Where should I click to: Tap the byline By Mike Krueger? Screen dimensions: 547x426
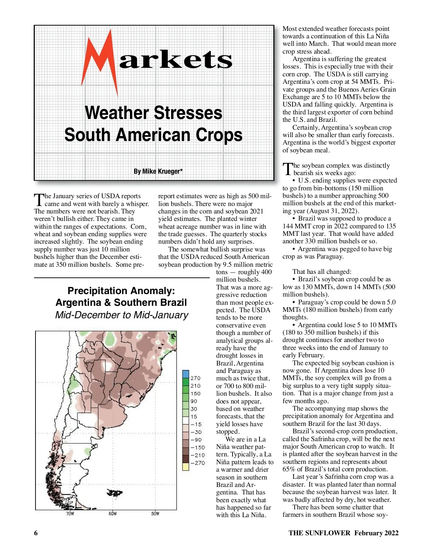(158, 171)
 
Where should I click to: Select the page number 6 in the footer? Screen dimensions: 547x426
(36, 533)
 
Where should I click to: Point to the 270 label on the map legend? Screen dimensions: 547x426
(195, 378)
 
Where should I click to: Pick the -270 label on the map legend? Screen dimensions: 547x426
(197, 463)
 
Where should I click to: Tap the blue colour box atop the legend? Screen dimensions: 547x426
(186, 374)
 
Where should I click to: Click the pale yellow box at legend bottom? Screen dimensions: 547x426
(186, 467)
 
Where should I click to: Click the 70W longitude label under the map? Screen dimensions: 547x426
(70, 514)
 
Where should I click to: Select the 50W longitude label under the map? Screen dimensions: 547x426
(155, 514)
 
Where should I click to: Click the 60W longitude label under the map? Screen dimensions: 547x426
(113, 514)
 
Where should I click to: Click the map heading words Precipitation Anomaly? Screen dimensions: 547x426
(121, 291)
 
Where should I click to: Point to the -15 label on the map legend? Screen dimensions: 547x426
(196, 424)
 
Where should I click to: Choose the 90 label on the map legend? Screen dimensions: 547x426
(194, 401)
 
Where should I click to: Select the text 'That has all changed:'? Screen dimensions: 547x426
(322, 272)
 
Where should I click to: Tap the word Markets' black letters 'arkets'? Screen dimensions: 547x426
(176, 59)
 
